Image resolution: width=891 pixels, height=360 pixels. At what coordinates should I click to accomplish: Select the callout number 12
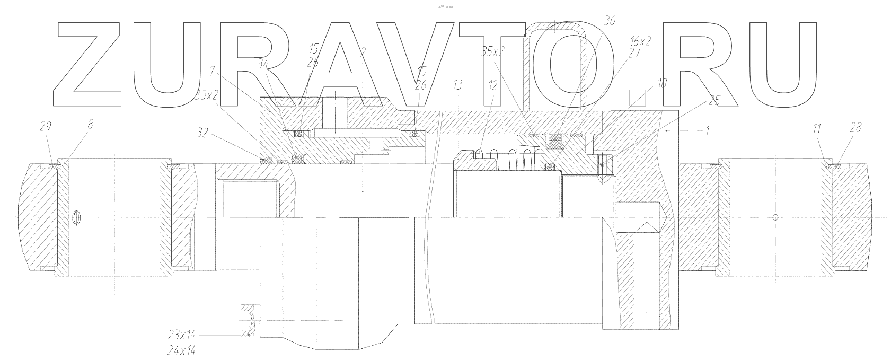click(x=493, y=85)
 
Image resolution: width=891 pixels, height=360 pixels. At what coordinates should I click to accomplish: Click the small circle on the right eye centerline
click(x=775, y=217)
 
